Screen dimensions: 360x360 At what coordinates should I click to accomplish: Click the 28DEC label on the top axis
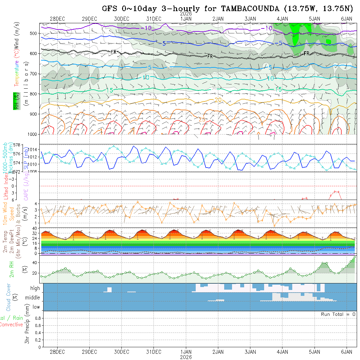[57, 19]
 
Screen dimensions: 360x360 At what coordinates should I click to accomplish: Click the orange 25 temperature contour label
[202, 120]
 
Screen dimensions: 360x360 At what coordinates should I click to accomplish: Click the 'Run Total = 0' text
[338, 314]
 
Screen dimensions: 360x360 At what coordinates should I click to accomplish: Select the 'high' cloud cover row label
[35, 288]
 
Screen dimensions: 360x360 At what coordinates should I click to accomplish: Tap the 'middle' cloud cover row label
[33, 298]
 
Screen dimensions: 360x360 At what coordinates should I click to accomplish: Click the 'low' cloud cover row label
[36, 307]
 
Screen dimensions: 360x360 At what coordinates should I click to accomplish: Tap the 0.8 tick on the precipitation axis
[37, 318]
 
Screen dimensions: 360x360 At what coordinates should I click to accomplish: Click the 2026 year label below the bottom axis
[186, 357]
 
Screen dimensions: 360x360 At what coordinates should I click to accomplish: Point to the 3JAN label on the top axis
[250, 19]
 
